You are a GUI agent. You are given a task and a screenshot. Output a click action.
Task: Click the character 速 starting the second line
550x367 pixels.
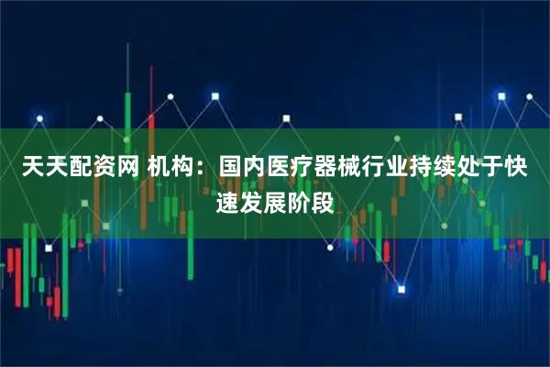pos(227,198)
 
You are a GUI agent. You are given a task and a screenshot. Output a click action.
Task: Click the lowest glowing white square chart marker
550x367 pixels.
pos(401,289)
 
